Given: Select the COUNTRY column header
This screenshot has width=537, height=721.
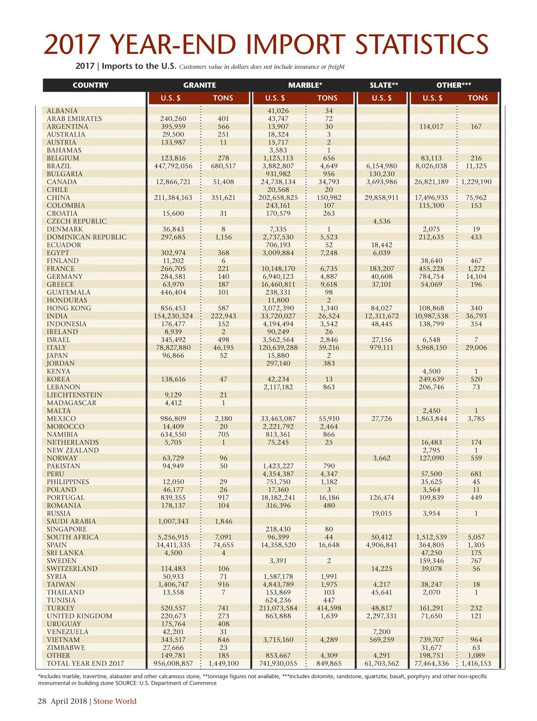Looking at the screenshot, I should coord(90,85).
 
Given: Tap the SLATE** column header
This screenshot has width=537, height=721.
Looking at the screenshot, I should coord(384,85).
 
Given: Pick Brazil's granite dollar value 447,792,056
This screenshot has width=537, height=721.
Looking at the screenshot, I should coord(173,166).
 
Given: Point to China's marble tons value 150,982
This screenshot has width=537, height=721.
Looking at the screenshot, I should coord(329,197).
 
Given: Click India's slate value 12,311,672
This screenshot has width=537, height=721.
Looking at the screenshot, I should coord(381,316).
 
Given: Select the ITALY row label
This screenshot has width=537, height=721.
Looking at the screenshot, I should coord(56,348).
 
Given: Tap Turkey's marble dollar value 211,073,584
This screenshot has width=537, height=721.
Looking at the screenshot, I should coord(278,608).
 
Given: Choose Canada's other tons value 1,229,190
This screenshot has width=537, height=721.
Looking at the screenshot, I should coord(476,182).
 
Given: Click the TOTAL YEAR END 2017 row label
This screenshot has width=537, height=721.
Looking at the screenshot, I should coord(85,663).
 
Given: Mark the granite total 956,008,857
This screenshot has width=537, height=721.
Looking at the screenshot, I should coord(173,663).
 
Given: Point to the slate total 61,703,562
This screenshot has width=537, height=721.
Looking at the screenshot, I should coord(381,663).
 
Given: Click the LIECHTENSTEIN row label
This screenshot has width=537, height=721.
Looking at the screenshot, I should coord(74,395).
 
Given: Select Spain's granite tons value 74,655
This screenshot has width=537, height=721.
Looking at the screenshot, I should coord(223,545).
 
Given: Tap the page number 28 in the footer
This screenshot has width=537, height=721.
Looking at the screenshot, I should coord(42,701).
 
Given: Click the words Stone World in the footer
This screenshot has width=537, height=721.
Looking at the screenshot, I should coord(115,701).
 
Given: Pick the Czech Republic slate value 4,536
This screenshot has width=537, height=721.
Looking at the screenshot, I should coord(381,221).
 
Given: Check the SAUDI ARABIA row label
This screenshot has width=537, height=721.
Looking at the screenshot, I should coord(71,521).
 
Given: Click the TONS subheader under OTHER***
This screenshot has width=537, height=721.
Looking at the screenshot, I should coord(477,98).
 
